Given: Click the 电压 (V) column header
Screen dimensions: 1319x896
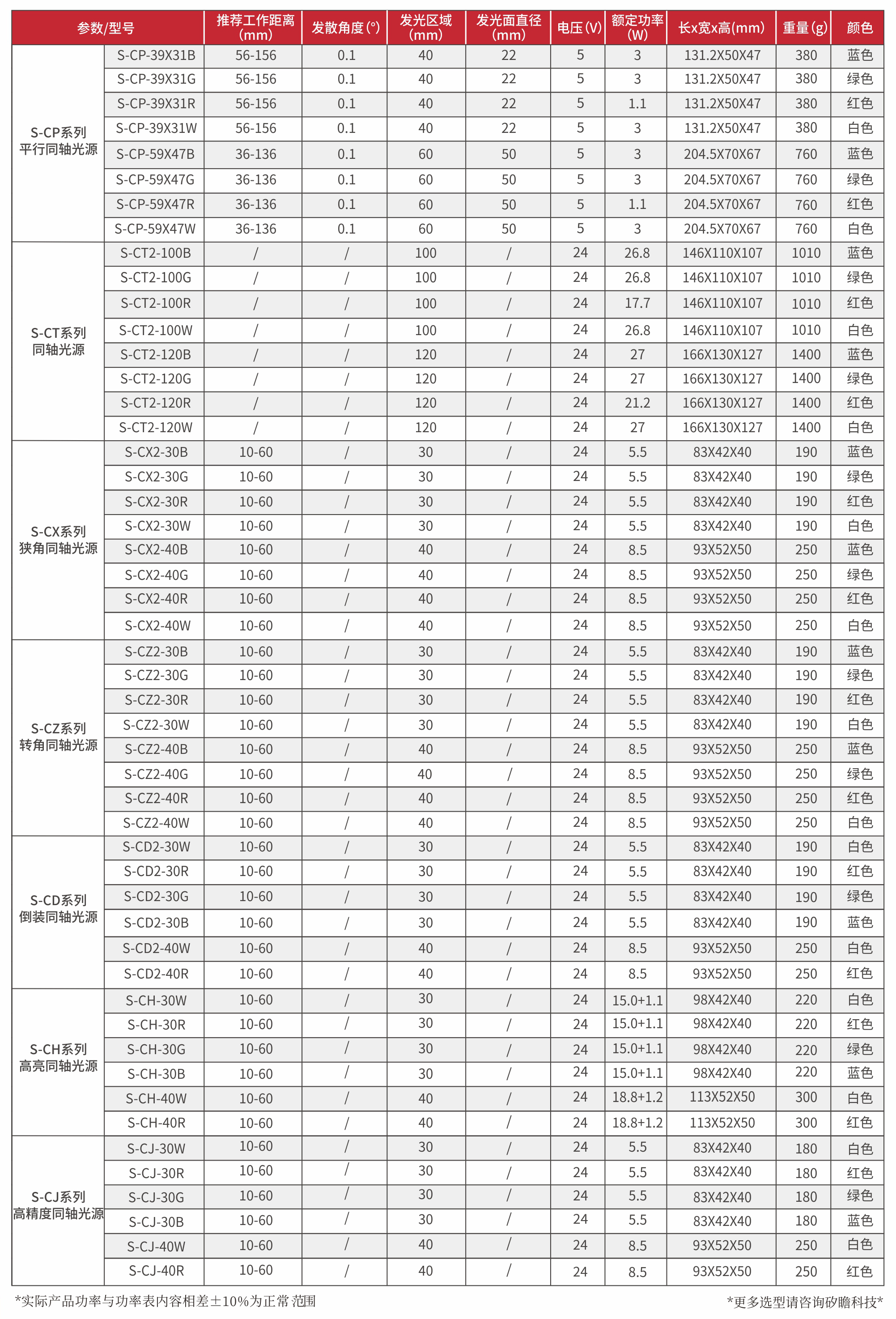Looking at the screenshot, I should click(578, 28).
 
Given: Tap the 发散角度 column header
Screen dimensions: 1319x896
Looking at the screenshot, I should click(345, 28).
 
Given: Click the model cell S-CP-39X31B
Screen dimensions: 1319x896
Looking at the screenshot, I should click(156, 55).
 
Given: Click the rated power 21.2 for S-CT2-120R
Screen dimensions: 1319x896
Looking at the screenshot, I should click(637, 403).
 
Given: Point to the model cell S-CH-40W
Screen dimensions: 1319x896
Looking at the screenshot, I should click(156, 1098).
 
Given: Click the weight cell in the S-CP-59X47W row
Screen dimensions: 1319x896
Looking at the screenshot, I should click(805, 229).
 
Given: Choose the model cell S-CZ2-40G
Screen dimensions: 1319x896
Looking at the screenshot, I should click(156, 774).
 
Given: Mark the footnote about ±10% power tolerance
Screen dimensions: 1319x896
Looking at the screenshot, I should click(165, 1301).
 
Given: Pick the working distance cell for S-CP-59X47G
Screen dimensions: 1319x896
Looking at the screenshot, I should click(255, 180).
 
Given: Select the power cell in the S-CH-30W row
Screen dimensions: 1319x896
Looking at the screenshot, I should click(637, 1000).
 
